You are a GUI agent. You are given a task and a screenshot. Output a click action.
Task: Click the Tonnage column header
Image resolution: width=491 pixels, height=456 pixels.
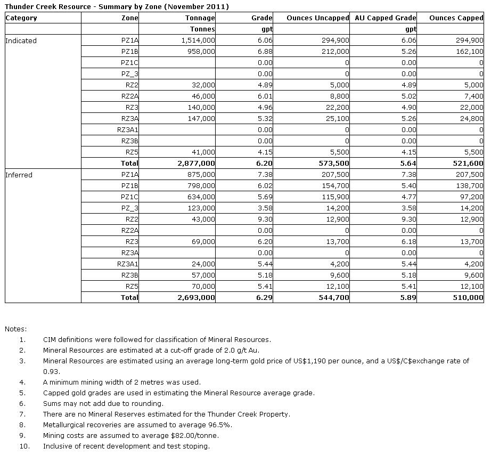[200, 18]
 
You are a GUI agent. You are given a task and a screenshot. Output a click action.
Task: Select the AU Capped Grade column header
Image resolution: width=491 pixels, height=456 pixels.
[385, 18]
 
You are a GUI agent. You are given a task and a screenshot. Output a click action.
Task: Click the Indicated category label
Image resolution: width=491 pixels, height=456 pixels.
[21, 40]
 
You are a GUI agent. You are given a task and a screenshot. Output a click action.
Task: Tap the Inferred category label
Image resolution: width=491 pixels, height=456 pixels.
[19, 175]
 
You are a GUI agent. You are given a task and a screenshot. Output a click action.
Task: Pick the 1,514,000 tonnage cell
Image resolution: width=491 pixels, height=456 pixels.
[198, 40]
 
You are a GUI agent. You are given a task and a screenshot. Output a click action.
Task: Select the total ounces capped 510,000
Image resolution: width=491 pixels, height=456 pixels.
[467, 298]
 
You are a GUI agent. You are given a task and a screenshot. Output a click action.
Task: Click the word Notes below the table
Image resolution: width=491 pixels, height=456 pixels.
[15, 329]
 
